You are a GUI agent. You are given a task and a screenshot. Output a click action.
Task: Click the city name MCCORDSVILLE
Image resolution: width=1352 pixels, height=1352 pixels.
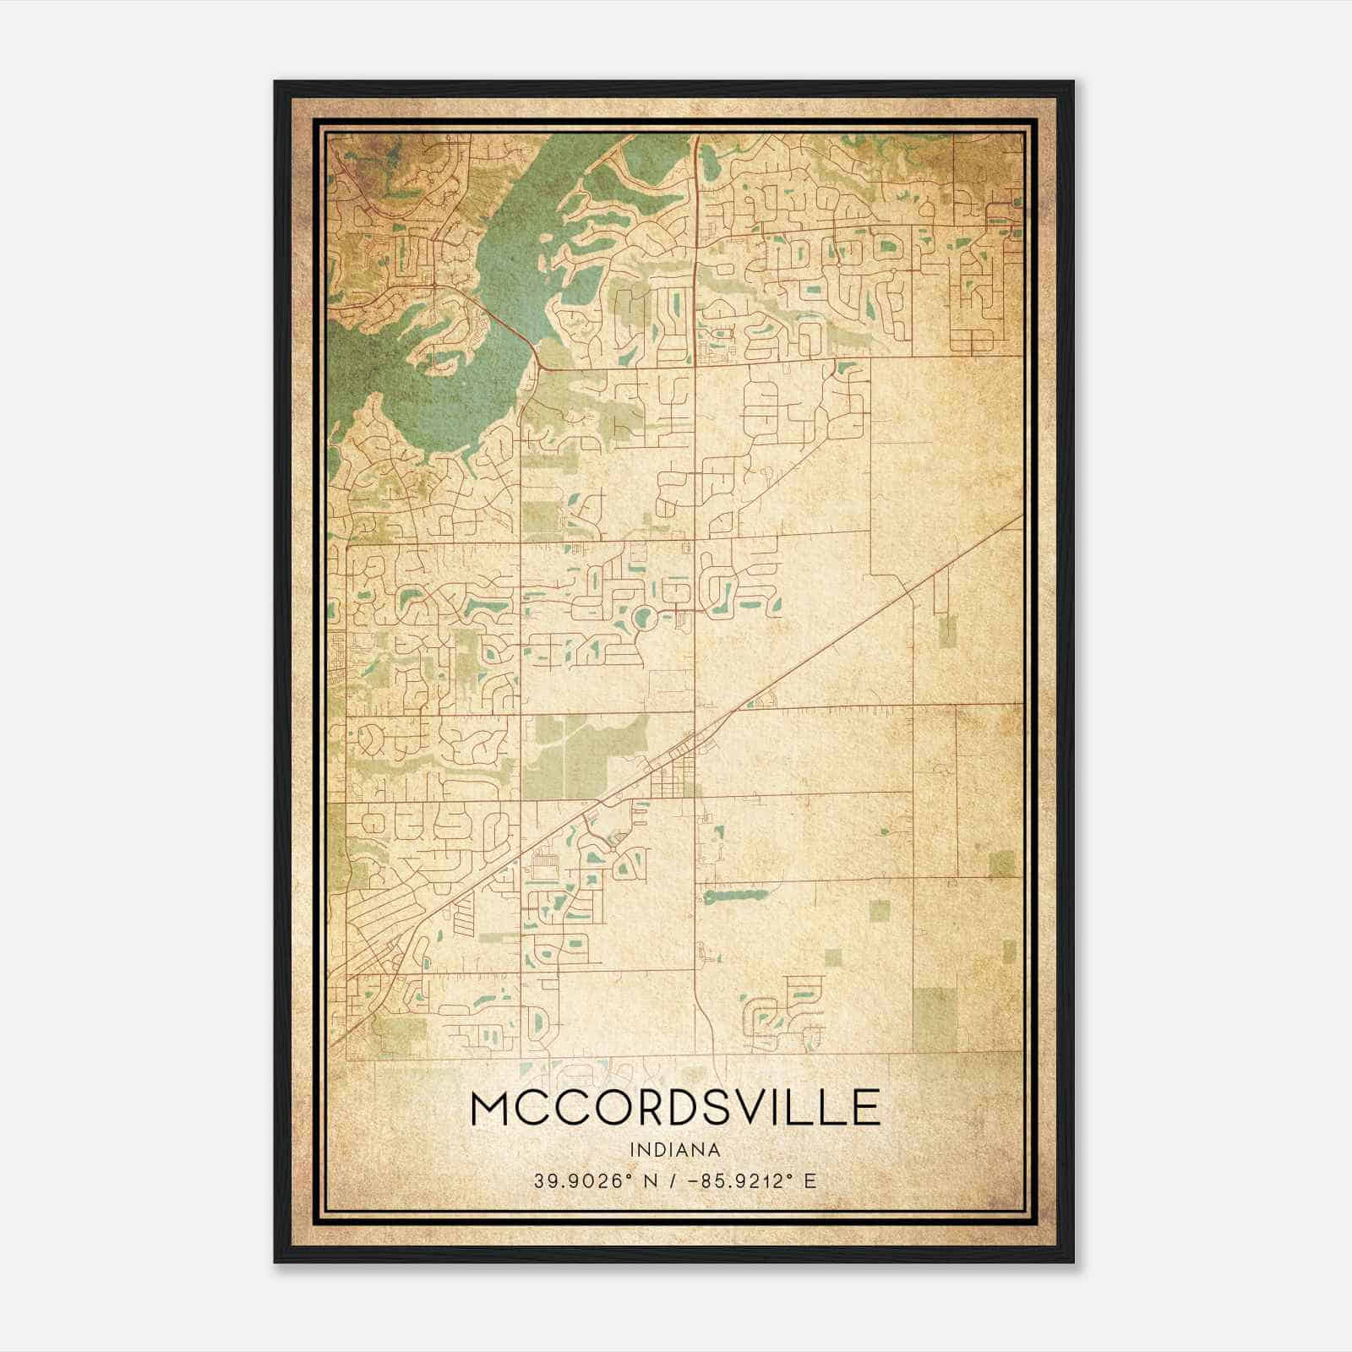point(674,1109)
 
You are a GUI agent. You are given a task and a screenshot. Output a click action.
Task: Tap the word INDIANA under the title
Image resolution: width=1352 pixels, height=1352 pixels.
point(674,1150)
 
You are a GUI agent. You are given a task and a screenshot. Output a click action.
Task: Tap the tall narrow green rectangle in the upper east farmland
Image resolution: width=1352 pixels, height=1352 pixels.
point(947,630)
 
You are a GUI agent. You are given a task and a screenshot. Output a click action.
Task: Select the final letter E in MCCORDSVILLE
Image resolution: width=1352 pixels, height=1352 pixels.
point(866,1109)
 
